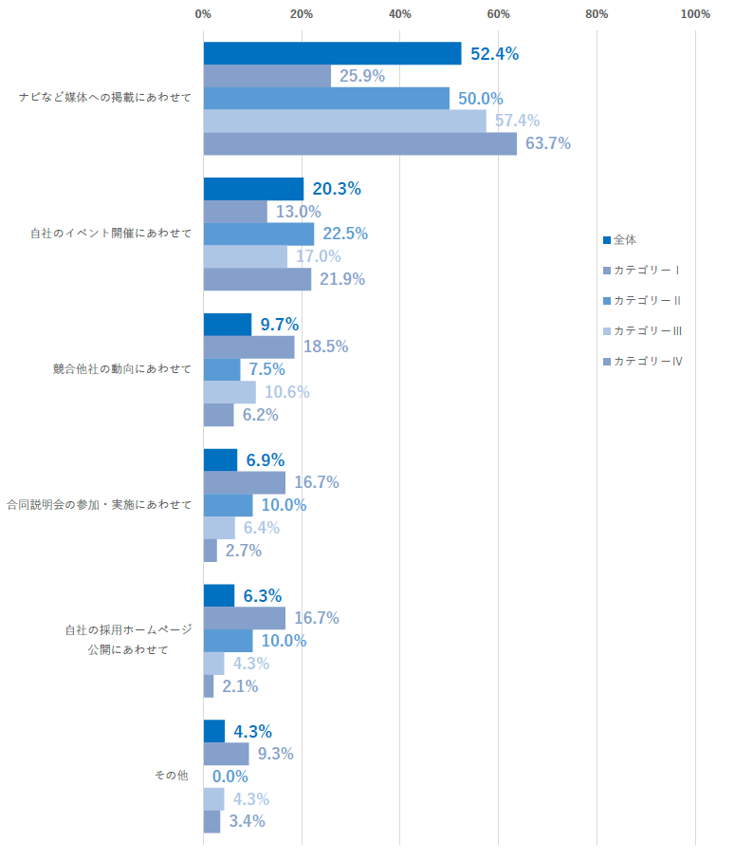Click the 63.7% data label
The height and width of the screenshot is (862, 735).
coord(547,143)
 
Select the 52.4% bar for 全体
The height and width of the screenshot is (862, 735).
coord(332,54)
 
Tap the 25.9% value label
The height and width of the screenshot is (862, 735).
coord(361,76)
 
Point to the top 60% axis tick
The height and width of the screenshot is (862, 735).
coord(498,13)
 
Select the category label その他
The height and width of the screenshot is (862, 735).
coord(172,776)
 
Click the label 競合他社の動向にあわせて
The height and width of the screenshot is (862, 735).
coord(122,368)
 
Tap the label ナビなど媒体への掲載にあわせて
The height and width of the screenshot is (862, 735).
coord(106,98)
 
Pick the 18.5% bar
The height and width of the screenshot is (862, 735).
coord(248,347)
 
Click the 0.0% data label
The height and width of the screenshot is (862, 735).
coord(230,777)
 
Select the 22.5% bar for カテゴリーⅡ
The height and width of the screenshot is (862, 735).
coord(258,234)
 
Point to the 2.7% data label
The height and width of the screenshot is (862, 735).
coord(244,551)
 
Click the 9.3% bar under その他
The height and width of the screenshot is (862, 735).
coord(226,754)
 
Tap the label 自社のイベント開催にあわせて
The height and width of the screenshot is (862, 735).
coord(112,233)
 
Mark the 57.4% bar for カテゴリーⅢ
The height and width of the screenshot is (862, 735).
coord(344,121)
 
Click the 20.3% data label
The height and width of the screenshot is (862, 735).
coord(337,189)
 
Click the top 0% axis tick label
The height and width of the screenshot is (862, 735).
coord(203,13)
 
